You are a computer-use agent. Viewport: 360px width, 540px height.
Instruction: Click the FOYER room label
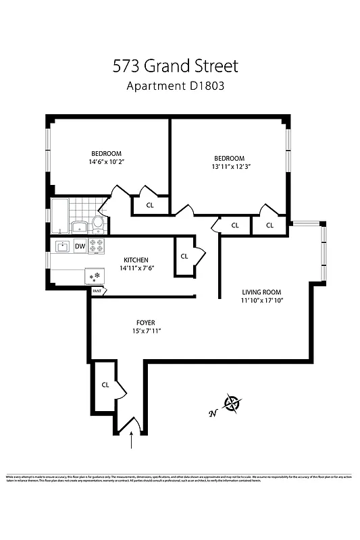(x=145, y=323)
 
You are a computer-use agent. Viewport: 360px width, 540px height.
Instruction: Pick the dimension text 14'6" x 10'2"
(x=107, y=162)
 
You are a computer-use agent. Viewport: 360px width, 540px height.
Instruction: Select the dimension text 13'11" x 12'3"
(x=229, y=167)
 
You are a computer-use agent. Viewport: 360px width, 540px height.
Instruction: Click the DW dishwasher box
(x=80, y=246)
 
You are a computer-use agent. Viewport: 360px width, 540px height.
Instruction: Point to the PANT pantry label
(x=98, y=292)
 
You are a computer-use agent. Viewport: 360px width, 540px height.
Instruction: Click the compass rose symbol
(x=233, y=404)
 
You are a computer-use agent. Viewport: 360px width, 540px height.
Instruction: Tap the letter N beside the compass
(x=213, y=414)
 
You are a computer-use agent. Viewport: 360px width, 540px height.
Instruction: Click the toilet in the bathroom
(x=98, y=222)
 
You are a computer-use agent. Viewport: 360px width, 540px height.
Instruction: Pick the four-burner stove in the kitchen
(x=97, y=246)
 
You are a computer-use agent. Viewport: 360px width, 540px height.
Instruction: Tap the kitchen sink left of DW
(x=63, y=246)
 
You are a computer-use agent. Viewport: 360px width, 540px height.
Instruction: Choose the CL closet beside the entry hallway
(x=105, y=385)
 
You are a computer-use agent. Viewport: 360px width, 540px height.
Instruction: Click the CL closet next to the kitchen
(x=184, y=256)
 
